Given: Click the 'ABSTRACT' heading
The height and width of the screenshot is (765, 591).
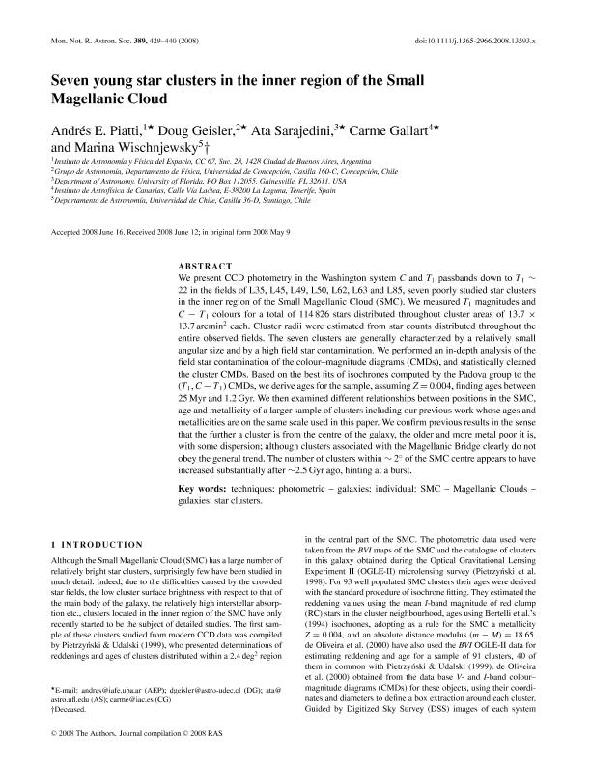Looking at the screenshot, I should [206, 265].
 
